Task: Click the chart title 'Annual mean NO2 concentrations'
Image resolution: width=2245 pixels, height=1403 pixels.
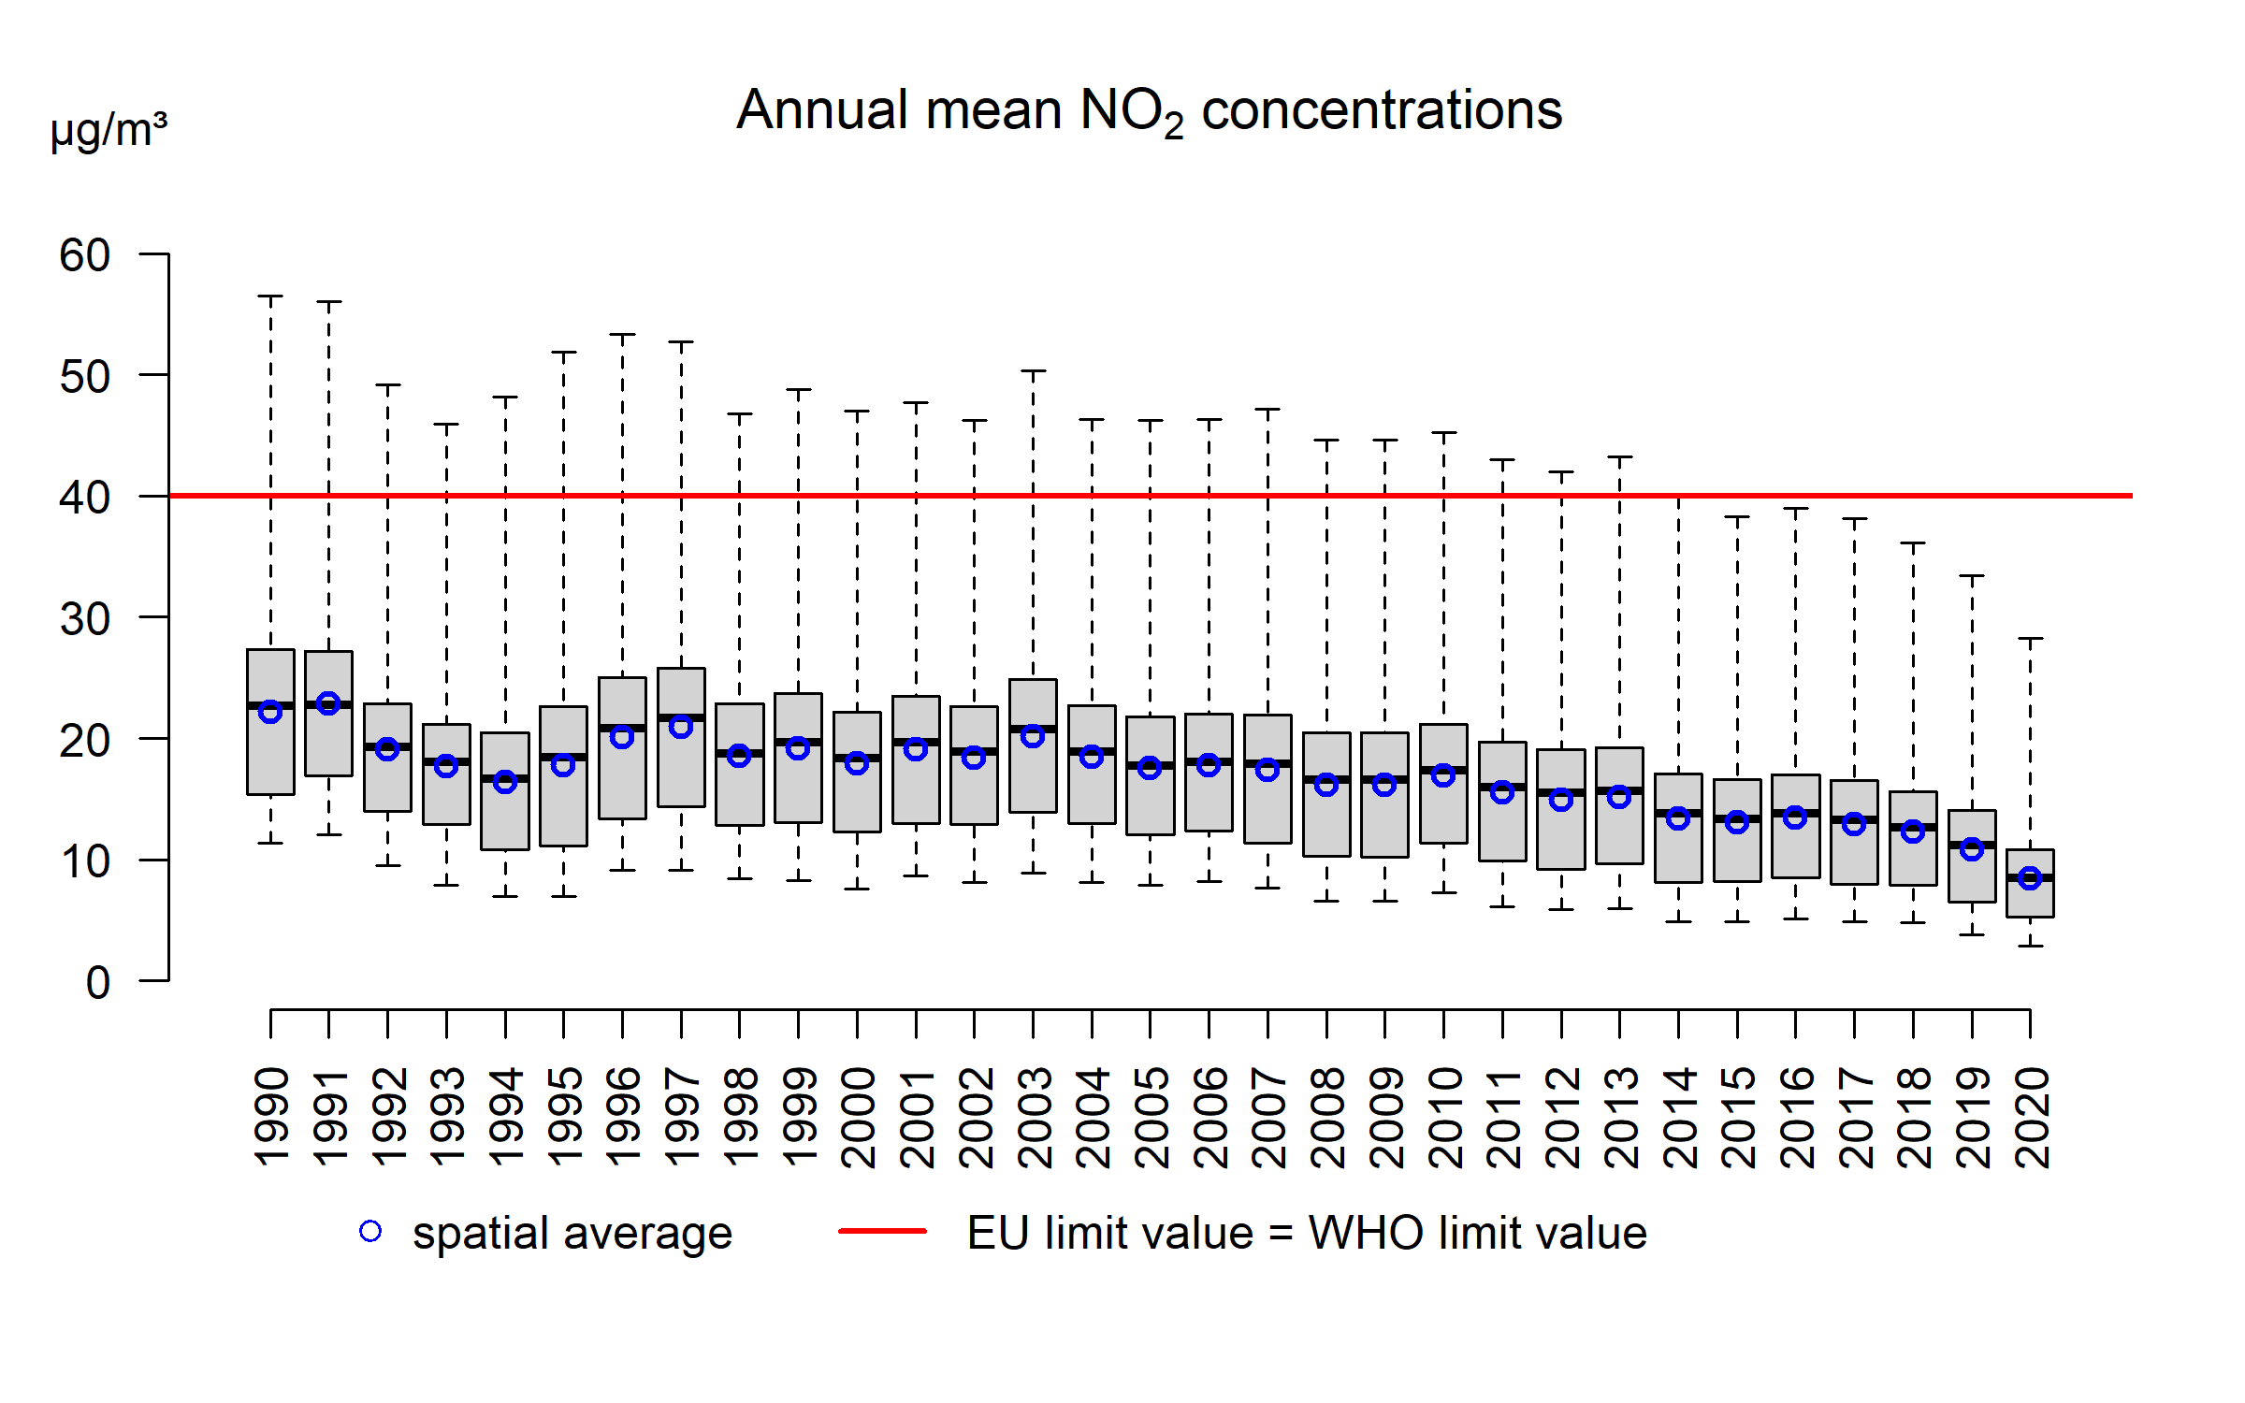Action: coord(1149,111)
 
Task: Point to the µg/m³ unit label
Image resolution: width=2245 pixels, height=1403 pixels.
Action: coord(109,130)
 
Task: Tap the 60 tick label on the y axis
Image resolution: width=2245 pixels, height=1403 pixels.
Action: coord(84,255)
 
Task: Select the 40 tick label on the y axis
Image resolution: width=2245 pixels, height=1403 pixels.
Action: coord(84,498)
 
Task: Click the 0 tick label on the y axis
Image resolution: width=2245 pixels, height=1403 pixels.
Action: coord(97,983)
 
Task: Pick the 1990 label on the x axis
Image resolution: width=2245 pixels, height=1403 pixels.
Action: coord(271,1117)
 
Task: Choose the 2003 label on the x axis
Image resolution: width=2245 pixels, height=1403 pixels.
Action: coord(1034,1117)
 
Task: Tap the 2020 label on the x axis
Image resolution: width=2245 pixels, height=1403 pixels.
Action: coord(2031,1117)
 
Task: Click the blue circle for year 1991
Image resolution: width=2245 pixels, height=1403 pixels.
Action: coord(328,703)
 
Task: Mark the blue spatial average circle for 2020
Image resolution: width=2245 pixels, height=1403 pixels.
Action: coord(2030,877)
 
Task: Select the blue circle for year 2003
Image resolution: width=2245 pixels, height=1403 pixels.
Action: coord(1033,736)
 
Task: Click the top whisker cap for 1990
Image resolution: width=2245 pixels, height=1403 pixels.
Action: coord(270,297)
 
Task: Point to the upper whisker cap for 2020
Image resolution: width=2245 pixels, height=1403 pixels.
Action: coord(2030,639)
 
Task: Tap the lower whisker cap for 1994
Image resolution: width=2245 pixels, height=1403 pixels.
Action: coord(505,896)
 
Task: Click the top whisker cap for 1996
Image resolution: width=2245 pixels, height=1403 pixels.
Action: coord(622,334)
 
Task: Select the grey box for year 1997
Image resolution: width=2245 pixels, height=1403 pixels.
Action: coord(681,767)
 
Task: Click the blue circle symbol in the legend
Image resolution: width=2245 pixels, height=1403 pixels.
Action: coord(370,1231)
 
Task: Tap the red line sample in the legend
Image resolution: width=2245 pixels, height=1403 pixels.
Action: coord(882,1231)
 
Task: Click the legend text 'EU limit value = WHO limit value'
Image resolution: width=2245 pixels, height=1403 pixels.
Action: coord(1307,1233)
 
